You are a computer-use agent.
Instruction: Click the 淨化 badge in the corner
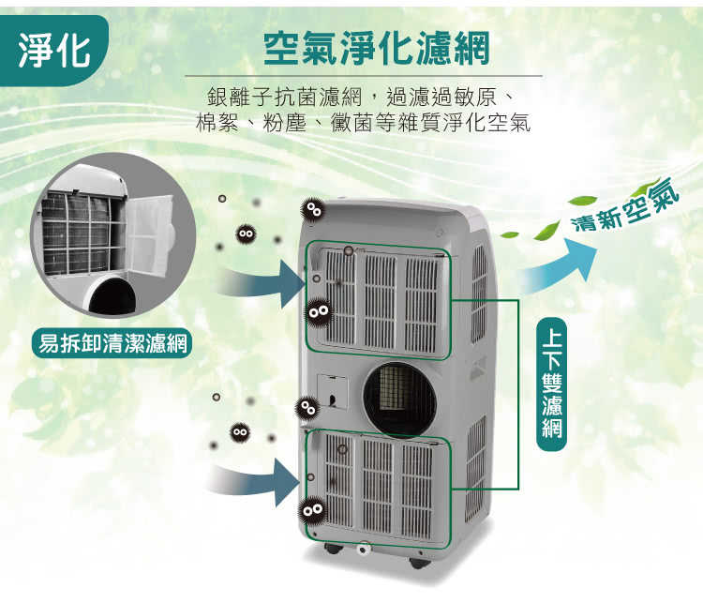click(53, 51)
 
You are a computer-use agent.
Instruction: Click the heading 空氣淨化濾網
click(376, 49)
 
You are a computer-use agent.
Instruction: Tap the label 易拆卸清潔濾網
click(112, 344)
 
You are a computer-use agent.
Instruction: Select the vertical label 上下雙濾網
click(551, 384)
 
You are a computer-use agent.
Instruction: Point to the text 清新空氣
click(626, 205)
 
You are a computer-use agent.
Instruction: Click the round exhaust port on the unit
click(399, 399)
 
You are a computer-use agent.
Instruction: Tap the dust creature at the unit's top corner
click(313, 209)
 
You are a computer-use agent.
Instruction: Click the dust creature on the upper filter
click(319, 311)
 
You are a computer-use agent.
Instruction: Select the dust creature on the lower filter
click(312, 509)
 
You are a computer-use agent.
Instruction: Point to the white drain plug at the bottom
click(363, 549)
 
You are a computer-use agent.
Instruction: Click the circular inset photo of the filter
click(113, 235)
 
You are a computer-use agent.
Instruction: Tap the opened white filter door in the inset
click(149, 234)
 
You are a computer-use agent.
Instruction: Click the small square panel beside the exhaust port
click(332, 391)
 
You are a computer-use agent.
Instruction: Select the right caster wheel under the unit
click(418, 563)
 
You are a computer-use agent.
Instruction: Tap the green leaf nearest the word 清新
click(548, 230)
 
